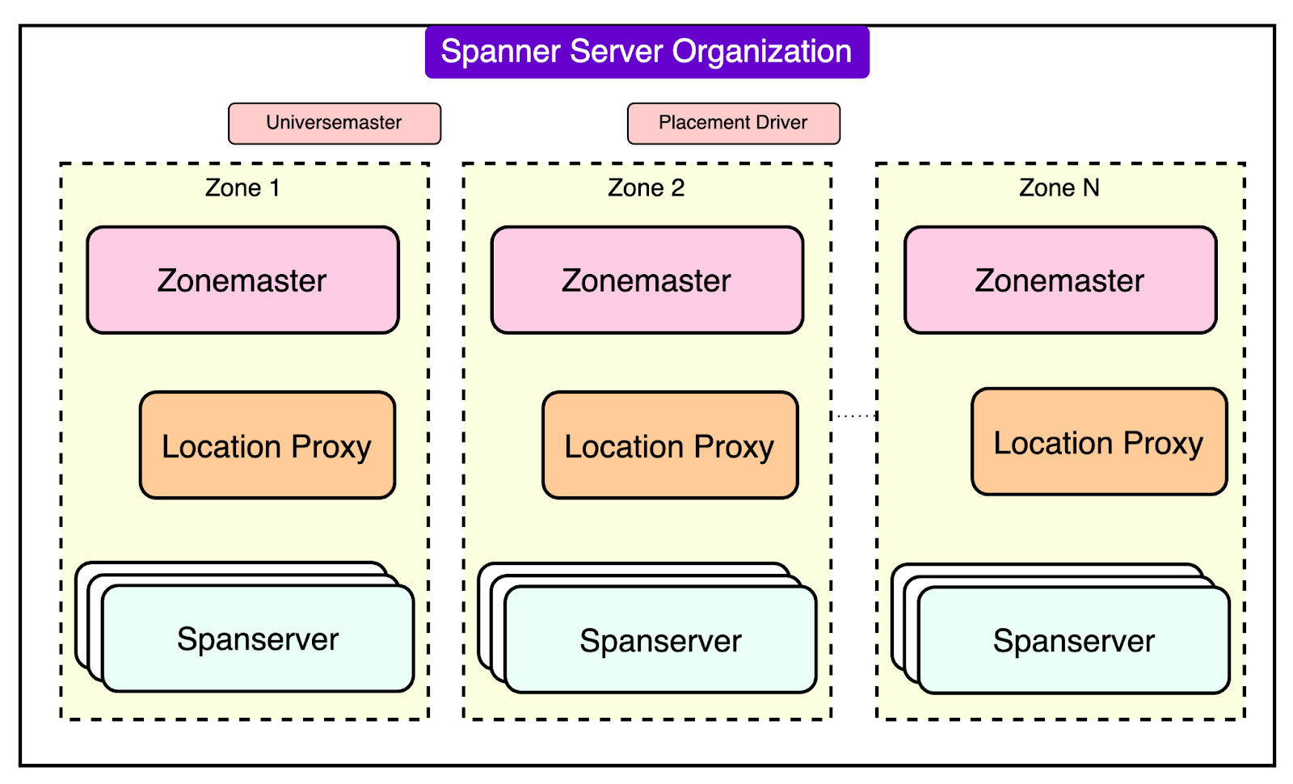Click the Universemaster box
(x=335, y=123)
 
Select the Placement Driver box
(x=733, y=123)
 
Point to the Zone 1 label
(x=242, y=188)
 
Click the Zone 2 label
(x=646, y=188)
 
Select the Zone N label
(x=1059, y=188)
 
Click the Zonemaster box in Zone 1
(x=242, y=280)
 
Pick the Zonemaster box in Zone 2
(x=646, y=280)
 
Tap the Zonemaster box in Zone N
(x=1059, y=280)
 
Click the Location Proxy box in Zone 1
(x=267, y=445)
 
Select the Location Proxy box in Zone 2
(x=669, y=445)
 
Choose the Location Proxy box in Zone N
(x=1098, y=442)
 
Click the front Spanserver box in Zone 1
(x=258, y=639)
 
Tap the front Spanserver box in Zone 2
(x=660, y=641)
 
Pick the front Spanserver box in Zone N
(x=1073, y=641)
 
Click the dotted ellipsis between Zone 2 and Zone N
(x=854, y=415)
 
